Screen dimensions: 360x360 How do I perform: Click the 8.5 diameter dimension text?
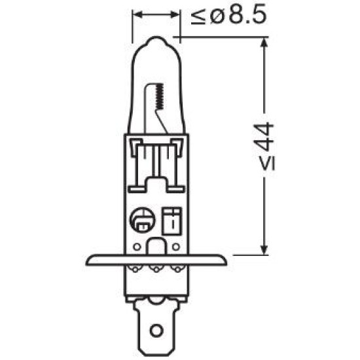click(x=247, y=15)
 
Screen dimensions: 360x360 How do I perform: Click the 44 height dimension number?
click(x=265, y=137)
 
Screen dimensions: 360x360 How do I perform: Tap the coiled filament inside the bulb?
click(x=159, y=96)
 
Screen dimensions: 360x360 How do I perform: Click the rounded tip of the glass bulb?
click(x=156, y=39)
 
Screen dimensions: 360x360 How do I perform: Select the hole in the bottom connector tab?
click(x=156, y=331)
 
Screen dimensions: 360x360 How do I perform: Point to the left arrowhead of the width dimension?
click(x=137, y=14)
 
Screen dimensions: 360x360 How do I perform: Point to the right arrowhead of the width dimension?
click(x=175, y=14)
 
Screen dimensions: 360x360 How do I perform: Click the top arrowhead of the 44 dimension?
click(x=264, y=43)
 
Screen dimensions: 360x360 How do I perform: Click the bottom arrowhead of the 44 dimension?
click(x=264, y=249)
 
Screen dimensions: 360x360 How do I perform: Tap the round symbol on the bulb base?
click(x=142, y=220)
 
